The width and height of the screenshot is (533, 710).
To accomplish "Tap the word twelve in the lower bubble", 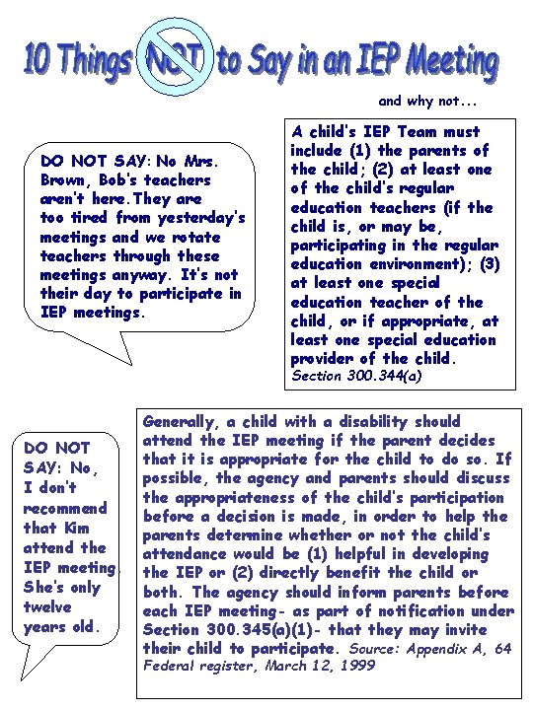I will click(47, 606).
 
